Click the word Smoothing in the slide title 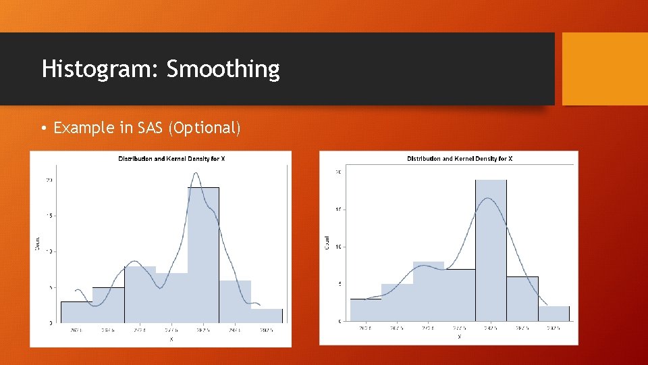tap(223, 69)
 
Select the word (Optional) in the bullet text tap(205, 128)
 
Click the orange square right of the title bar tap(605, 69)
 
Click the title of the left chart tap(171, 159)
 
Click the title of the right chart tap(460, 159)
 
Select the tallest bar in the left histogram tap(203, 257)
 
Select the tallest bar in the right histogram tap(491, 253)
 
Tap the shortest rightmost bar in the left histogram tap(267, 316)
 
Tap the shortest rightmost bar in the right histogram tap(553, 314)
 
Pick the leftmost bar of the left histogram tap(76, 312)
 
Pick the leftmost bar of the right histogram tap(365, 310)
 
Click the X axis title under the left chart tap(171, 339)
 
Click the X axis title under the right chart tap(459, 336)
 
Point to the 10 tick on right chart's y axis tap(339, 247)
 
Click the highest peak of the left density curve tap(196, 174)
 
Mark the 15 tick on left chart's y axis tap(49, 216)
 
